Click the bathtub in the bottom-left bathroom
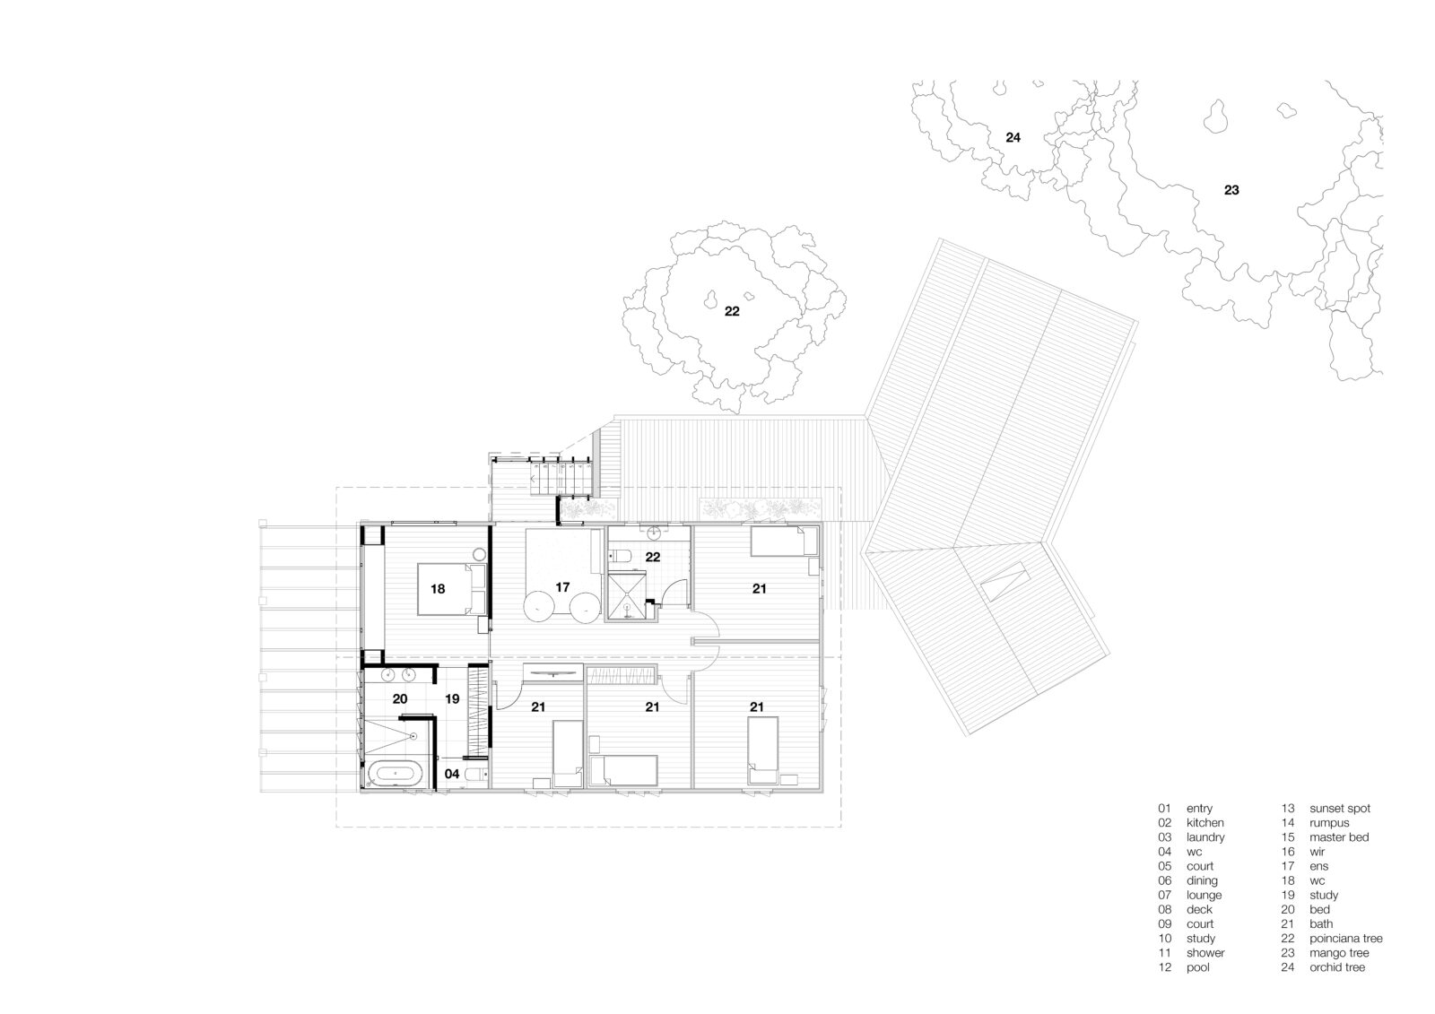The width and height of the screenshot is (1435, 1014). [x=395, y=774]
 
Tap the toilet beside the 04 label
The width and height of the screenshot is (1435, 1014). [x=475, y=775]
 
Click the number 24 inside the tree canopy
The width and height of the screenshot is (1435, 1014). [x=1013, y=137]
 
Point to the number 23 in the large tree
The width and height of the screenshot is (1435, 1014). [x=1231, y=189]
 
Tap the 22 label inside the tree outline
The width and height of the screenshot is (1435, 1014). [x=732, y=311]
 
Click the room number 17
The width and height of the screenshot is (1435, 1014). [x=561, y=586]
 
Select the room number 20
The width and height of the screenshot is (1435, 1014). [x=400, y=698]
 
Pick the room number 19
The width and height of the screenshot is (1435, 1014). [x=452, y=698]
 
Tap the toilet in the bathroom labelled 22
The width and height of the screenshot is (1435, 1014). [x=620, y=556]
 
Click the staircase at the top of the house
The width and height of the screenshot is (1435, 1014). [x=560, y=477]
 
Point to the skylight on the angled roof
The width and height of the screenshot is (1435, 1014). [x=1004, y=580]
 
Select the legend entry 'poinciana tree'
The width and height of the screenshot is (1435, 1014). [x=1345, y=939]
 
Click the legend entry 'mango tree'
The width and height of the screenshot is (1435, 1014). [x=1339, y=952]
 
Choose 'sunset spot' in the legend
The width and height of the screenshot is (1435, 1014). [x=1340, y=809]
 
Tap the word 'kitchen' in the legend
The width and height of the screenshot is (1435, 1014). [x=1205, y=822]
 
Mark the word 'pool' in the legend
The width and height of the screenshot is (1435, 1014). [x=1197, y=967]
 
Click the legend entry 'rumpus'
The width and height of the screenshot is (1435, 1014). [x=1329, y=823]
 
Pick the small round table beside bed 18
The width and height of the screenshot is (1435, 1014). [x=479, y=555]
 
